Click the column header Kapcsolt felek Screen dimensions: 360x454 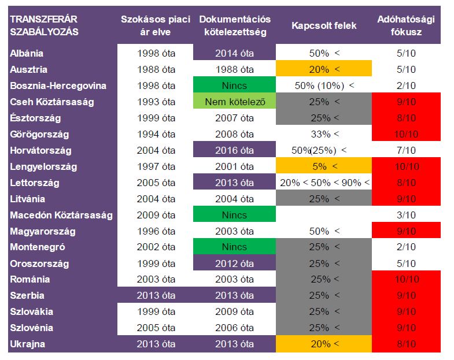(x=324, y=26)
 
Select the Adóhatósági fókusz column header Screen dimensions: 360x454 (x=406, y=26)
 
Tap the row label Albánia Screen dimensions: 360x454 (x=27, y=53)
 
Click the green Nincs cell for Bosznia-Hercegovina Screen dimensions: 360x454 (x=234, y=86)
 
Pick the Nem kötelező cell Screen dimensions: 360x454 (x=234, y=102)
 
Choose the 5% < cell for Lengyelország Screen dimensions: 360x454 (x=323, y=166)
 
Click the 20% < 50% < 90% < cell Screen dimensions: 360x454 (x=324, y=183)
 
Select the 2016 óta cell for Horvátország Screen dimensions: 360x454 (x=234, y=150)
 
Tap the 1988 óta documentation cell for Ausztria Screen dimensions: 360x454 (x=234, y=69)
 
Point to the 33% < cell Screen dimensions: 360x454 (x=323, y=134)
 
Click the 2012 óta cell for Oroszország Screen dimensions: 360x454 (x=234, y=263)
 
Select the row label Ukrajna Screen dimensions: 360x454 (x=27, y=344)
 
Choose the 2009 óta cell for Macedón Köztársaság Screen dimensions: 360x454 (x=156, y=215)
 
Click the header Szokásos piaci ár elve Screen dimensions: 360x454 (x=156, y=26)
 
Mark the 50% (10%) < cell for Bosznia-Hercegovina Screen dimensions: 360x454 (x=323, y=86)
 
